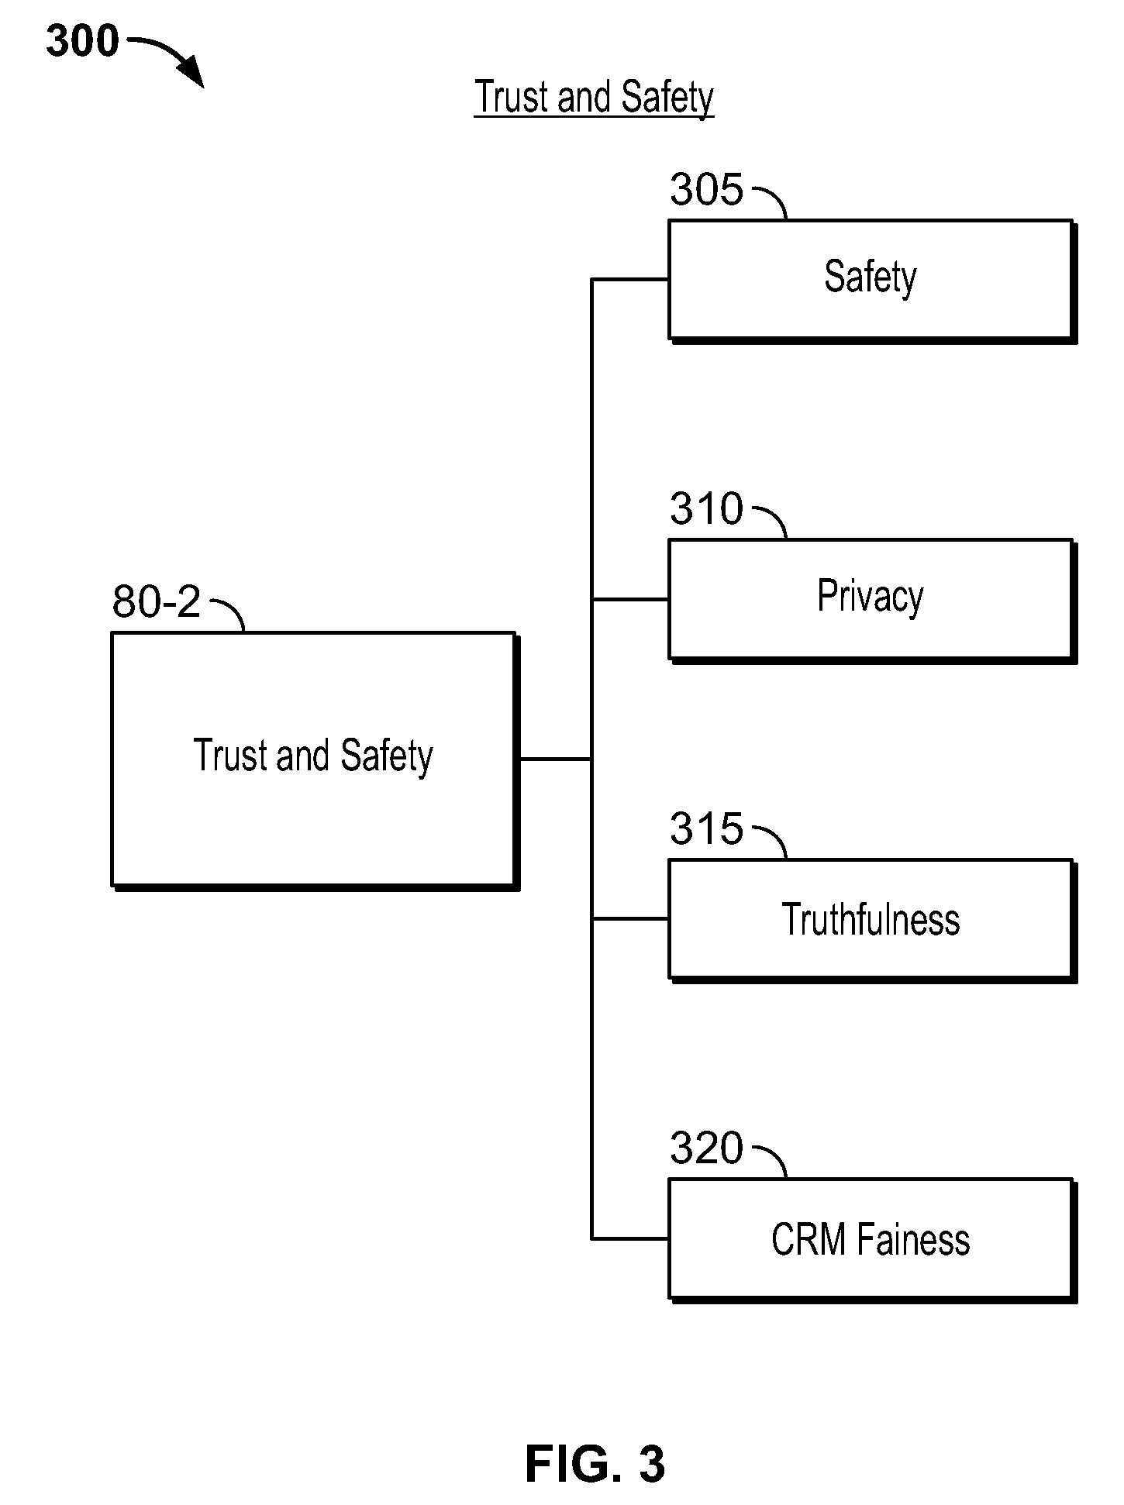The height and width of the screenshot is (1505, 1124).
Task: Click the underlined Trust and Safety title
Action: coord(594,98)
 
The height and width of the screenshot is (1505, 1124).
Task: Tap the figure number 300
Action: coord(83,41)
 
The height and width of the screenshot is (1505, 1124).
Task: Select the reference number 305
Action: coord(706,189)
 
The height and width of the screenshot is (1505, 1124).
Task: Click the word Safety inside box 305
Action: coord(871,277)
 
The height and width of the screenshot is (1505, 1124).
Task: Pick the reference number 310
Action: coord(706,509)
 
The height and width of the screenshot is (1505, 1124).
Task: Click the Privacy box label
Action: coord(871,598)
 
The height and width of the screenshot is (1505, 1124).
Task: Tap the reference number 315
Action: coord(706,828)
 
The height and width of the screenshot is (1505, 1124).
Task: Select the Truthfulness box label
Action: coord(871,920)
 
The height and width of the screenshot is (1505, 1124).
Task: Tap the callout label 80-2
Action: coord(157,601)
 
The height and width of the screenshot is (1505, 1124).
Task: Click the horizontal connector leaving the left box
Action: coord(555,759)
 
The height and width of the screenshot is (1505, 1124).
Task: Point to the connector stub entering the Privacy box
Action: coord(630,599)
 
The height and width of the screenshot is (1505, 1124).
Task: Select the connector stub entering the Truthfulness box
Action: coord(630,919)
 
